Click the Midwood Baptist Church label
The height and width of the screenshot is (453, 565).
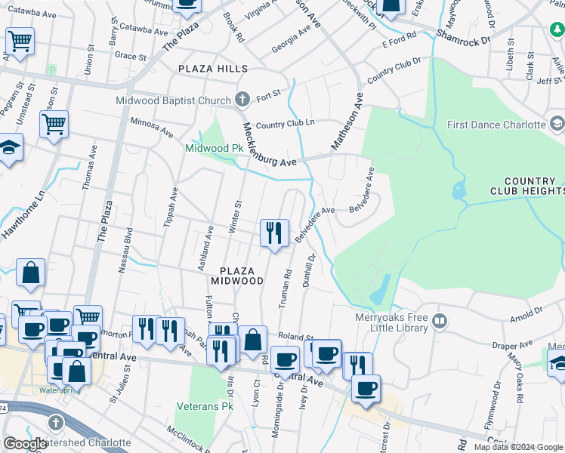pyautogui.click(x=173, y=100)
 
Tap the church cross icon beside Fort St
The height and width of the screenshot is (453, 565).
pyautogui.click(x=242, y=99)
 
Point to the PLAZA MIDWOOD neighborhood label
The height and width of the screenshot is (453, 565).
pyautogui.click(x=242, y=275)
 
